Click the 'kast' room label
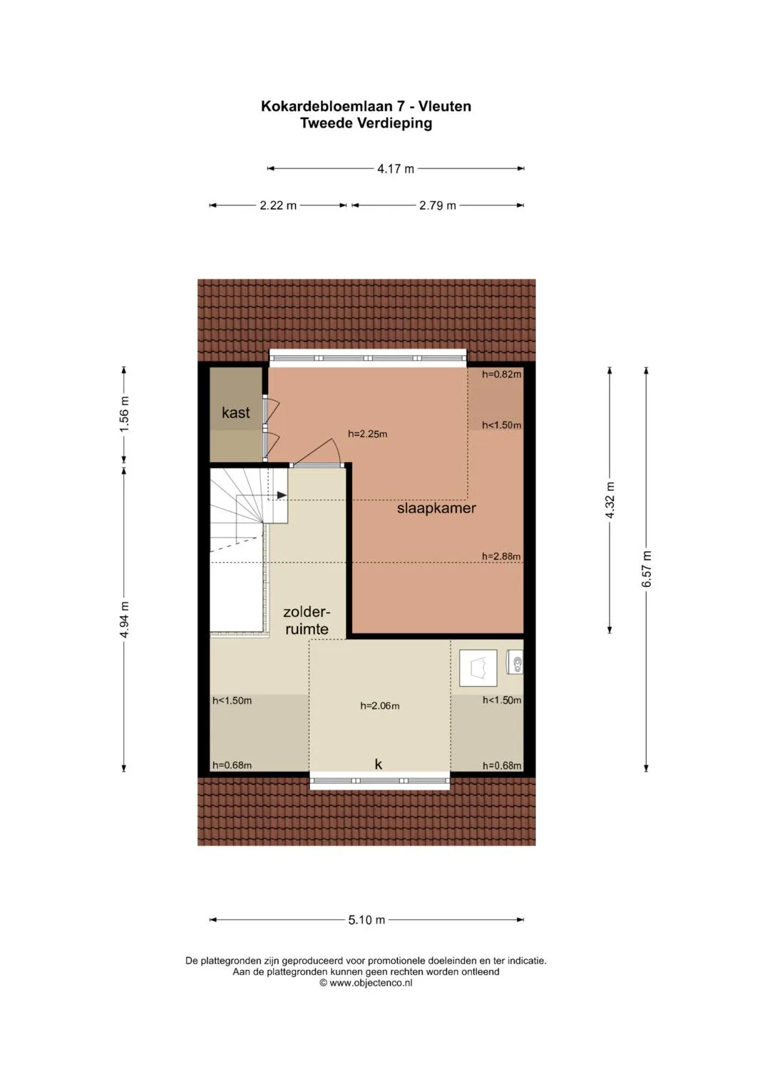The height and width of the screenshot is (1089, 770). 236,413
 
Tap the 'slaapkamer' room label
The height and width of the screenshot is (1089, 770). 436,508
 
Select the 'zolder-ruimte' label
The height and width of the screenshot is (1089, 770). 307,620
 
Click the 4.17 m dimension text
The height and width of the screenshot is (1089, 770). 396,169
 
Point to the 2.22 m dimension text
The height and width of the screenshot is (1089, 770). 278,205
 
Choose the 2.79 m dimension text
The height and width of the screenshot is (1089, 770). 438,205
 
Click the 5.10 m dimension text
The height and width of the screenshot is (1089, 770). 366,920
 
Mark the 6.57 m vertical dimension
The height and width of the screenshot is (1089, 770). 647,569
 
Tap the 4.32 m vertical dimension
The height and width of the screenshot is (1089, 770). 610,500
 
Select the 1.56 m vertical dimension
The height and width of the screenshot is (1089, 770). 125,414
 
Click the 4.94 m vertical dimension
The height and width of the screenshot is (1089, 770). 125,620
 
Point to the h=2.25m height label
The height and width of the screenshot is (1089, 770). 367,434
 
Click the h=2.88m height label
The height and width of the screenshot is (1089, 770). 501,556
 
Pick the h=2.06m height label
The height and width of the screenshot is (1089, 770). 379,706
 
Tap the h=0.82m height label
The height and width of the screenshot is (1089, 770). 502,374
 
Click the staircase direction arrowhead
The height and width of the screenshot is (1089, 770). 282,495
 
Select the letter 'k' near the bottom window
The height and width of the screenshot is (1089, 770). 378,765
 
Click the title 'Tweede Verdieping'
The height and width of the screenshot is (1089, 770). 366,123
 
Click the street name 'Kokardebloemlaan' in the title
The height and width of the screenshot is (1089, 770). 322,106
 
